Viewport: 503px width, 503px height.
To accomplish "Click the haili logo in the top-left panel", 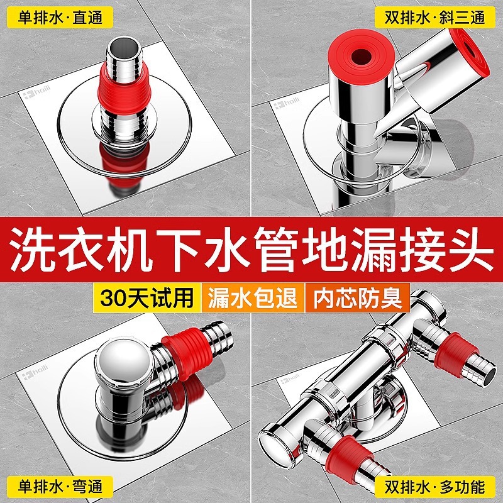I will coord(37,94).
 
